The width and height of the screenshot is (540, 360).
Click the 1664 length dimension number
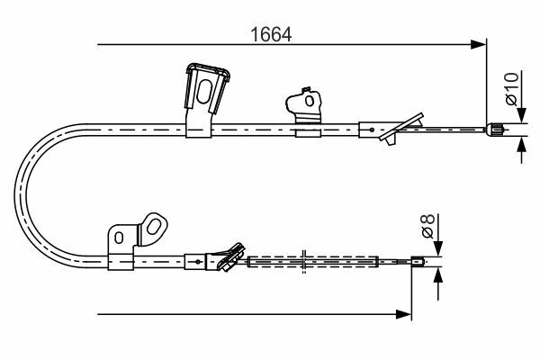click(271, 34)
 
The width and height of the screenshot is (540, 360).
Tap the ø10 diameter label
click(512, 88)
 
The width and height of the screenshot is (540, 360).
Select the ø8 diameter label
click(428, 226)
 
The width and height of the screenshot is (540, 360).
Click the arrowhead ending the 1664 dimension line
click(478, 44)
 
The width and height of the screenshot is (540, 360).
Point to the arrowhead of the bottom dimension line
click(403, 314)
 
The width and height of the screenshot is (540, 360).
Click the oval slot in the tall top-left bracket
click(204, 91)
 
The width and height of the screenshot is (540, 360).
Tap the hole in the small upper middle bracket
click(310, 101)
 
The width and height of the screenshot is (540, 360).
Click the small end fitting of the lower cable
click(417, 262)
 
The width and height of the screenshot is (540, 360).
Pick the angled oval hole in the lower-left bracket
click(153, 227)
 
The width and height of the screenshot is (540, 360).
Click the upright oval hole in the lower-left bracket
click(119, 238)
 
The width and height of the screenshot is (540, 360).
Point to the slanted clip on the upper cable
click(401, 128)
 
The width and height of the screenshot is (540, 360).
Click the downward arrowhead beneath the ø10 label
click(522, 115)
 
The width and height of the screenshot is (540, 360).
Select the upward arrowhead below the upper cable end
click(522, 144)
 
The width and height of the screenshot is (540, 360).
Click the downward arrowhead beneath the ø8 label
click(438, 248)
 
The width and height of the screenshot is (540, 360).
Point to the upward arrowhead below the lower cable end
click(438, 274)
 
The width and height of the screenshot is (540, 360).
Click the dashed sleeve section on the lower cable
click(313, 262)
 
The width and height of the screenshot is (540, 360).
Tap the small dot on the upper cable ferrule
click(372, 130)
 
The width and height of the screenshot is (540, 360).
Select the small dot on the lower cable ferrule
click(198, 262)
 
